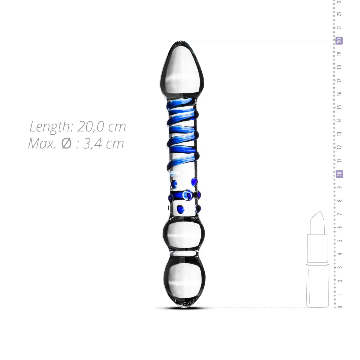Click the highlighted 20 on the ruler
pyautogui.click(x=339, y=40)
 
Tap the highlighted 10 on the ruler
pyautogui.click(x=339, y=174)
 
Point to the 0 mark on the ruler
pyautogui.click(x=340, y=307)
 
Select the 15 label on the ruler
pyautogui.click(x=340, y=107)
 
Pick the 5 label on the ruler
pyautogui.click(x=340, y=240)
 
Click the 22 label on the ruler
pyautogui.click(x=340, y=14)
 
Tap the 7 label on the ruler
pyautogui.click(x=340, y=214)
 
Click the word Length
pyautogui.click(x=50, y=127)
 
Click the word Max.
pyautogui.click(x=42, y=143)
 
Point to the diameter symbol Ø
pyautogui.click(x=66, y=143)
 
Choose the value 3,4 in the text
pyautogui.click(x=93, y=143)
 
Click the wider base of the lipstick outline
pyautogui.click(x=317, y=285)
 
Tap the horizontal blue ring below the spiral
pyautogui.click(x=183, y=195)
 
